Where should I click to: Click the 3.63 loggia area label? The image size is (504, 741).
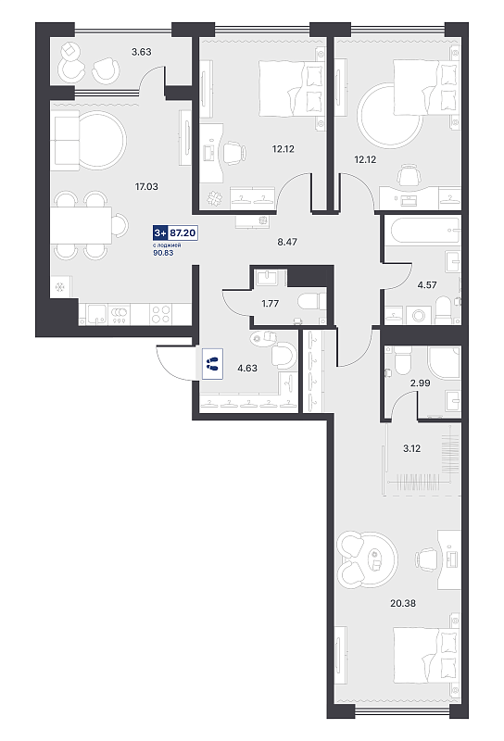pyautogui.click(x=142, y=52)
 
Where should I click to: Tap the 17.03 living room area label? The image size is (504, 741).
pyautogui.click(x=146, y=187)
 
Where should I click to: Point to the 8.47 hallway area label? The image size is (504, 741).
pyautogui.click(x=287, y=242)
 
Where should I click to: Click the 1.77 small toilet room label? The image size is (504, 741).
pyautogui.click(x=270, y=304)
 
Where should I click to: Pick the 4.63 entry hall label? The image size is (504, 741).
pyautogui.click(x=247, y=368)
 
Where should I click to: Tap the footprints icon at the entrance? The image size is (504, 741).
pyautogui.click(x=212, y=364)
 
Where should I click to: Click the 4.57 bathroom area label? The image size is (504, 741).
pyautogui.click(x=427, y=285)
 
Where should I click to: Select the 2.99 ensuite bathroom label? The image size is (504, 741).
pyautogui.click(x=420, y=383)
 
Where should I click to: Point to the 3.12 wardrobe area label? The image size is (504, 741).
pyautogui.click(x=411, y=448)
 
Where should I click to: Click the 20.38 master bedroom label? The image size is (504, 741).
pyautogui.click(x=403, y=603)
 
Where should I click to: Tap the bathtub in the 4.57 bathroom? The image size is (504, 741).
pyautogui.click(x=422, y=230)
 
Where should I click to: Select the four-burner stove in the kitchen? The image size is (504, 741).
pyautogui.click(x=162, y=314)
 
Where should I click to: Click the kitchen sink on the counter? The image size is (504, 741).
pyautogui.click(x=96, y=314)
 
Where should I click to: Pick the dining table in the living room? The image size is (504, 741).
pyautogui.click(x=82, y=225)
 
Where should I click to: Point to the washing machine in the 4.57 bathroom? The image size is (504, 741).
pyautogui.click(x=418, y=315)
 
